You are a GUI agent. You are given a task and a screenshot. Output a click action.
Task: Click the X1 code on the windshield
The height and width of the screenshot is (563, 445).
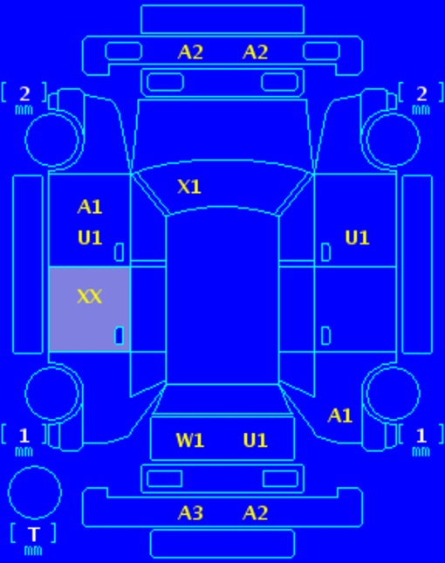point(189,187)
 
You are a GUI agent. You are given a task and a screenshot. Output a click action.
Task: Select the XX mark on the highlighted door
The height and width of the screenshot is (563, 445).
point(89,297)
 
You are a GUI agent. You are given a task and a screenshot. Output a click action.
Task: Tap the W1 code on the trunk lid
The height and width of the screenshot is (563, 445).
point(190,440)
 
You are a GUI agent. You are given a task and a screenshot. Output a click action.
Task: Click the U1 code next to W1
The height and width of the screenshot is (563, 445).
point(255,440)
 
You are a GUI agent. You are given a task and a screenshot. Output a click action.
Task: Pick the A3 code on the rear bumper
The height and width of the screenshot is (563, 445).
point(190,512)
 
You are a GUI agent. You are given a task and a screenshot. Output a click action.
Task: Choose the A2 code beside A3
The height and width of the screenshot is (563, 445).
point(255,512)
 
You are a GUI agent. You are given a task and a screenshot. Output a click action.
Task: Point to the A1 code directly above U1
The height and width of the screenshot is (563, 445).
point(90,207)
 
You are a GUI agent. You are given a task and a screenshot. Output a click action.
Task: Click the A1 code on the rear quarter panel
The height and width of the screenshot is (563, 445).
point(339,415)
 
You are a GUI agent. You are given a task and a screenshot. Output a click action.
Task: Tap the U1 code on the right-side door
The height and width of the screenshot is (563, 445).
point(357,237)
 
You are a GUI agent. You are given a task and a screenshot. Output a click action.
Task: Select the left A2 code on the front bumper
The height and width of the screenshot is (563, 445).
point(190,52)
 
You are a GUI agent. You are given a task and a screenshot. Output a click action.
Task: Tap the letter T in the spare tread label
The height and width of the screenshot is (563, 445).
point(34,534)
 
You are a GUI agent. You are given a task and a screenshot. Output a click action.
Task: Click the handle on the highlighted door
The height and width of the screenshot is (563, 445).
point(120,336)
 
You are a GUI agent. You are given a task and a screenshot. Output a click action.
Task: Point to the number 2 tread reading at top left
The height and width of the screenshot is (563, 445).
point(24,94)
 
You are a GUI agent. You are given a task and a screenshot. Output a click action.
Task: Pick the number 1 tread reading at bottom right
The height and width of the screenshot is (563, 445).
point(421,436)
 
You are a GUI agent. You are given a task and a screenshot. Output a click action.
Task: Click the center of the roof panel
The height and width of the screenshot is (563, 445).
point(222,298)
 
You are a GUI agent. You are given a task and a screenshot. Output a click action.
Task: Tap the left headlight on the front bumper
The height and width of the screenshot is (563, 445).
point(123,51)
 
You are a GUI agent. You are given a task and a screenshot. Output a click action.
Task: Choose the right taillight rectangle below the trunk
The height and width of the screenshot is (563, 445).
point(280,478)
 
